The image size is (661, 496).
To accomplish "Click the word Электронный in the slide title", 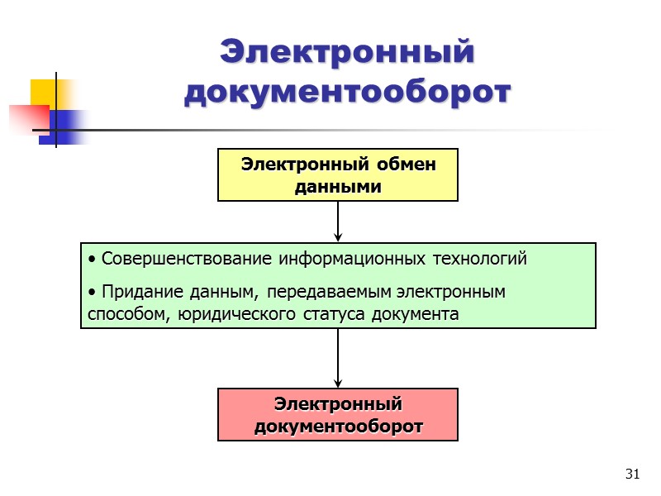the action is click(347, 53).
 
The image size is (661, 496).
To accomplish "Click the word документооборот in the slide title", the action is click(347, 92).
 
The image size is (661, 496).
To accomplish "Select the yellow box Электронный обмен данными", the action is click(338, 175).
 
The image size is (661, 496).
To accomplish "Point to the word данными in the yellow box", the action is click(338, 187).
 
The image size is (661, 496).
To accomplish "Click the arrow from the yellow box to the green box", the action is click(338, 222).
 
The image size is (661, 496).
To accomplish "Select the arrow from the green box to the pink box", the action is click(338, 358).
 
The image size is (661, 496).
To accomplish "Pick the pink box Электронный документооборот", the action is click(338, 415).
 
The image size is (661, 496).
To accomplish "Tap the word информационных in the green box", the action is click(351, 259).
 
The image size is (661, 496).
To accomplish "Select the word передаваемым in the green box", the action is click(330, 292).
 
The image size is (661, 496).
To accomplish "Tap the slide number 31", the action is click(634, 474).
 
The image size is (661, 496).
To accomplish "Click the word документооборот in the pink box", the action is click(338, 427).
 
